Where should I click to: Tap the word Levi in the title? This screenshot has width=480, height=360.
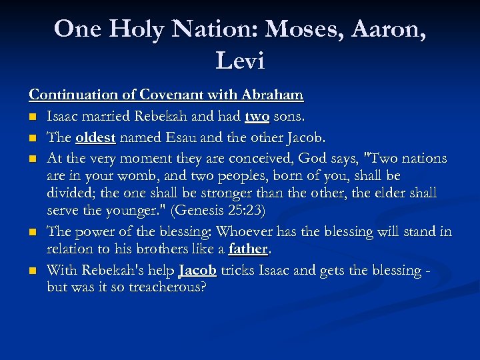click(240, 61)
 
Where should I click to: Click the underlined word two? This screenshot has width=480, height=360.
click(257, 117)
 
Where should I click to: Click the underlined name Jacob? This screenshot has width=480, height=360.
click(197, 271)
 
